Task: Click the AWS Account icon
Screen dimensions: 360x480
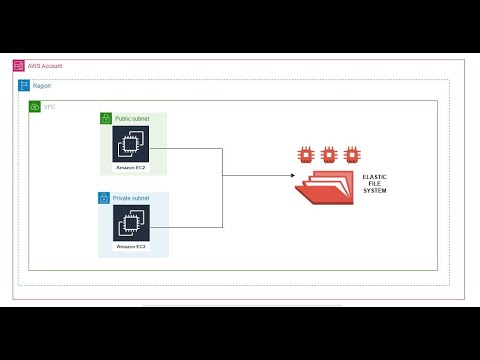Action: coord(19,66)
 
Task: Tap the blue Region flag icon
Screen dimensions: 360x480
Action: coord(25,86)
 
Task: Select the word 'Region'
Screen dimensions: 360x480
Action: coord(42,86)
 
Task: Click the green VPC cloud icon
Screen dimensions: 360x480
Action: coord(35,106)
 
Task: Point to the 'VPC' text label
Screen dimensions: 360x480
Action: coord(50,106)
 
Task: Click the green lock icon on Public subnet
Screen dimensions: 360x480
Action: coord(105,119)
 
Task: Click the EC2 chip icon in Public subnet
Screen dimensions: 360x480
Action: coord(132,145)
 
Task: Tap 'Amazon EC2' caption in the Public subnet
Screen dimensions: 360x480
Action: coord(132,167)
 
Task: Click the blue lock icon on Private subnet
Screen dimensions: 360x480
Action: coord(104,198)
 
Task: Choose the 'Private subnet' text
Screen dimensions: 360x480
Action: coord(130,198)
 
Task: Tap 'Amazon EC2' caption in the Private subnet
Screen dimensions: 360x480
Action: coord(132,246)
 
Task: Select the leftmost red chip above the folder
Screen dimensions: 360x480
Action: coord(305,155)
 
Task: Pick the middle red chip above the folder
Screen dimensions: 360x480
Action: coord(328,155)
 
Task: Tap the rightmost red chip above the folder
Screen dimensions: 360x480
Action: coord(351,155)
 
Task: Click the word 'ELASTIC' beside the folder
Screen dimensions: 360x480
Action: coord(375,177)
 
